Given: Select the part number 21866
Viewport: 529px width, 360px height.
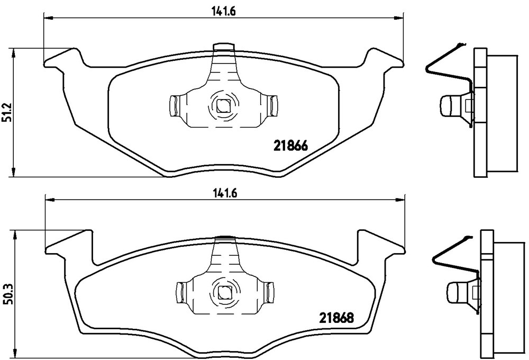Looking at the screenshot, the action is tap(290, 146).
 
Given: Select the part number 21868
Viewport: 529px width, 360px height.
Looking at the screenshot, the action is tap(336, 318).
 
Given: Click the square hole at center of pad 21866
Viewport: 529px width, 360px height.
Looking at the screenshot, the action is tap(222, 107).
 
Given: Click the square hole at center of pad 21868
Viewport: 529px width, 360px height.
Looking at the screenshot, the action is tap(223, 292).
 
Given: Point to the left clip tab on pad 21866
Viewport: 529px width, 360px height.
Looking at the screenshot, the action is tap(174, 106).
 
